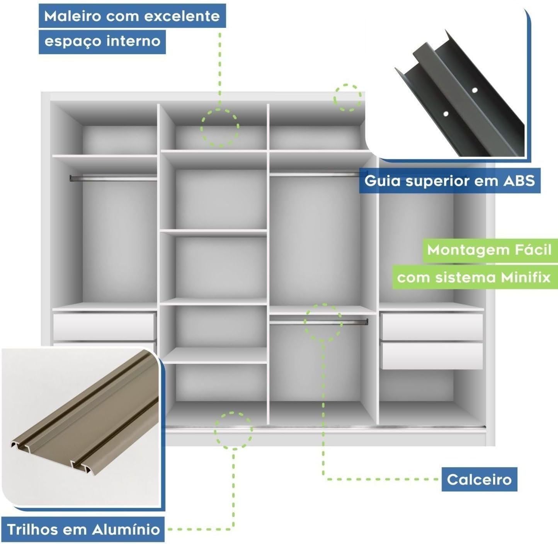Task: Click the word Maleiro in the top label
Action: tap(73, 16)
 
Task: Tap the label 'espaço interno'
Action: tap(102, 42)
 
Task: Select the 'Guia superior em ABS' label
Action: tap(450, 181)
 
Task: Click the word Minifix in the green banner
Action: tap(526, 277)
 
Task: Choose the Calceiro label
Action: tap(480, 479)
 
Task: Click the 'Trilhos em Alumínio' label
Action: tap(83, 529)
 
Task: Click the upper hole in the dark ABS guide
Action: tap(475, 90)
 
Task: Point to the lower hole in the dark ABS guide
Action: tap(446, 114)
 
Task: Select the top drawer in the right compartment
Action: tap(432, 327)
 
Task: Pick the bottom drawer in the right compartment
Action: tap(432, 356)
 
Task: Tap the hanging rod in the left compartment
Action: tap(114, 178)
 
